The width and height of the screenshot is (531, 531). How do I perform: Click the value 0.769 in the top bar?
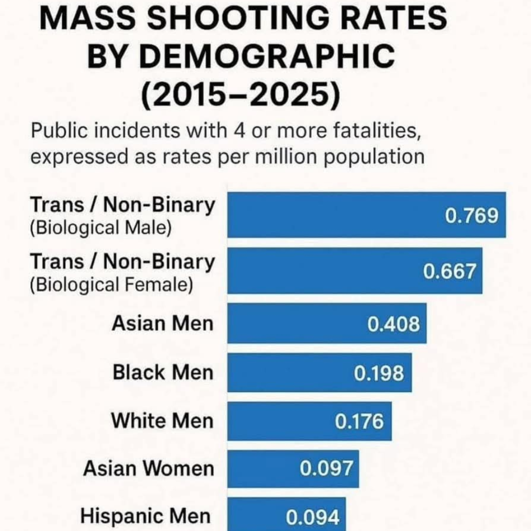point(471,216)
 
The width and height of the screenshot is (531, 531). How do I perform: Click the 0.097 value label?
point(326,469)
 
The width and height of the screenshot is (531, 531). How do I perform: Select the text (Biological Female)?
point(111,284)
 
